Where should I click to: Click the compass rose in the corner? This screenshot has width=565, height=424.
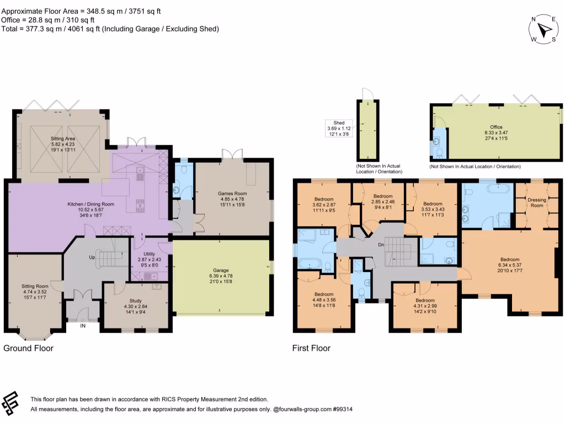click(x=545, y=29)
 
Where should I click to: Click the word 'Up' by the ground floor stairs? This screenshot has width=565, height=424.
click(x=92, y=258)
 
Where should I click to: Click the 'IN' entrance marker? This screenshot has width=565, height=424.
click(x=83, y=326)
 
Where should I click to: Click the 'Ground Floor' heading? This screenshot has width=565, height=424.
click(x=29, y=348)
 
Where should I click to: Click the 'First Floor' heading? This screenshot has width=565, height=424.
click(x=311, y=348)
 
